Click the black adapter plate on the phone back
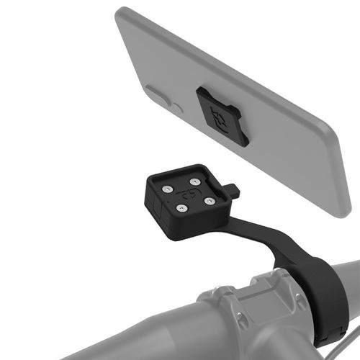222,116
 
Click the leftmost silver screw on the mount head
167,189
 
